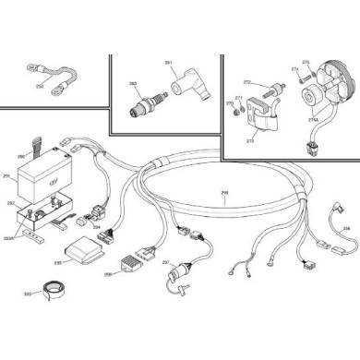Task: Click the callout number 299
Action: [224, 193]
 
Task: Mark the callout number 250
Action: [40, 84]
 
